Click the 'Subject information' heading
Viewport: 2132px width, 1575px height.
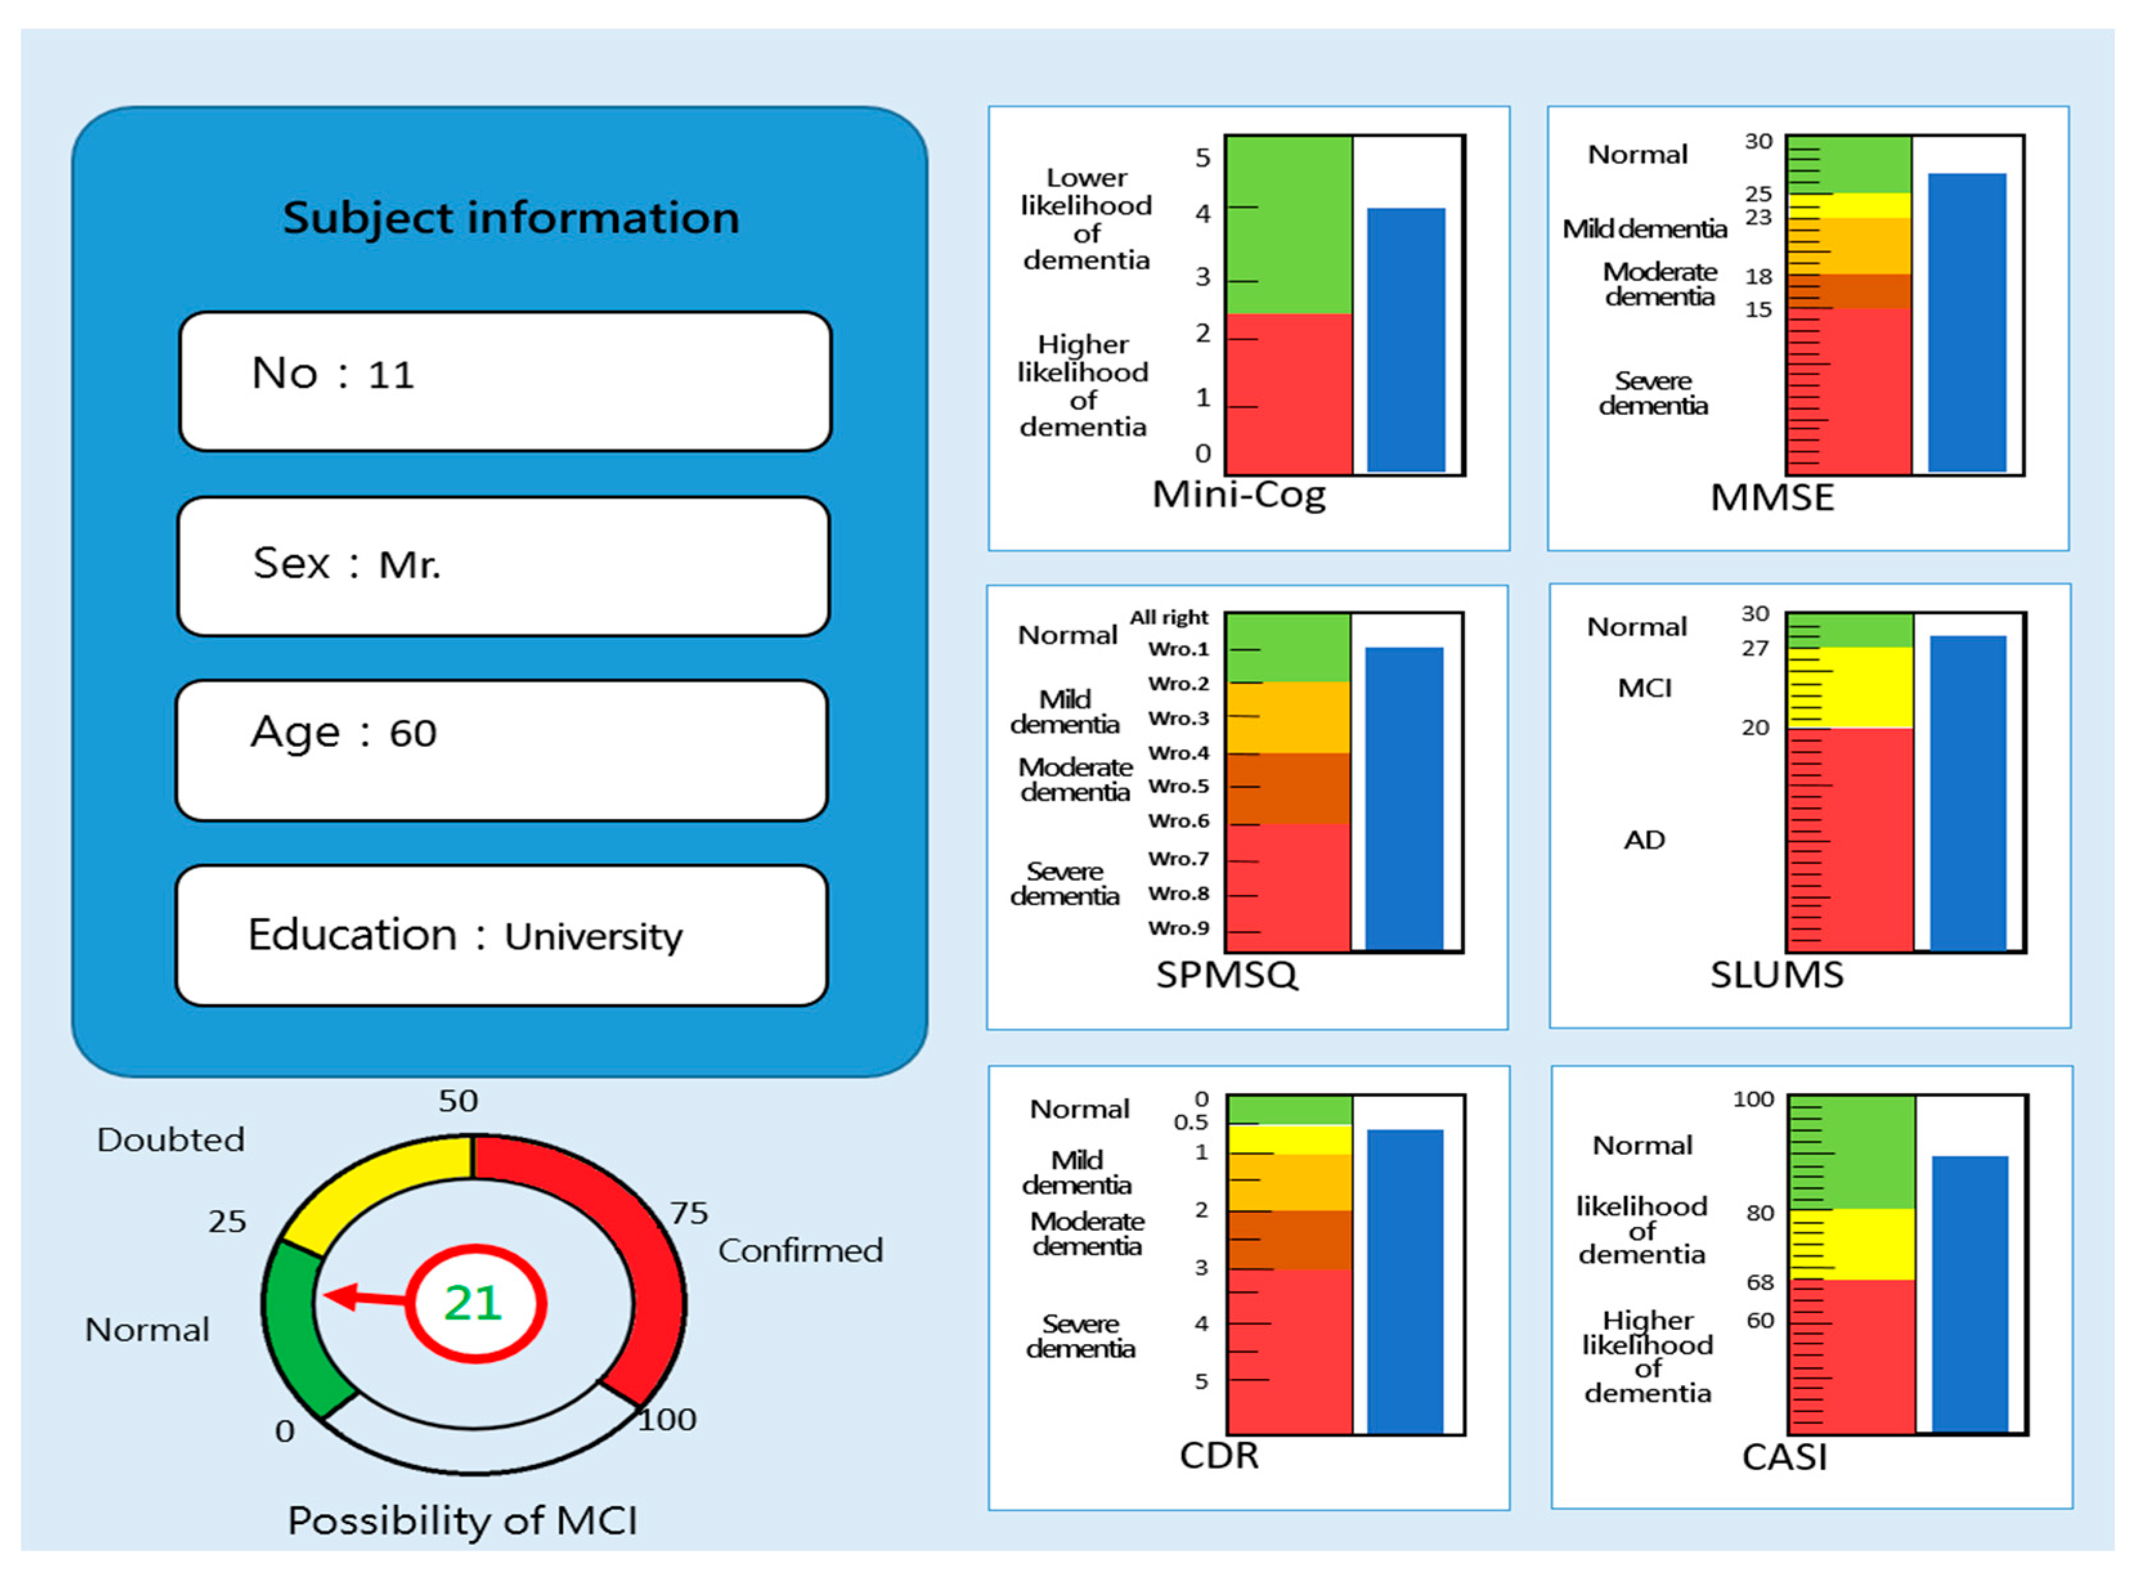(511, 217)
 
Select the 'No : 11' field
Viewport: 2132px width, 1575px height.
(505, 382)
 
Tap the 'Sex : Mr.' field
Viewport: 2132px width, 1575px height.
(503, 566)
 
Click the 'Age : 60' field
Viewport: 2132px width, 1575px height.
(501, 750)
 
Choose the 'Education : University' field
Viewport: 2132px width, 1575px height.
(501, 935)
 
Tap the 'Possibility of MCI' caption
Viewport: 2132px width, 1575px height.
(463, 1520)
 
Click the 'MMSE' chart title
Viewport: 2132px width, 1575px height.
(1771, 497)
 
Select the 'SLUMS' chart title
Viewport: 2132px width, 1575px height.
(1776, 974)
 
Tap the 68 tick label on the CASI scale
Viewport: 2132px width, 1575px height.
(1760, 1282)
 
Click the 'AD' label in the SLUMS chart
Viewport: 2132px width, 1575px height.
(1644, 840)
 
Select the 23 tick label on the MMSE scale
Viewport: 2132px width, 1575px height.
(1758, 217)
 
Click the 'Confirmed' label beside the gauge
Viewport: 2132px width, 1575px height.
(800, 1250)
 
